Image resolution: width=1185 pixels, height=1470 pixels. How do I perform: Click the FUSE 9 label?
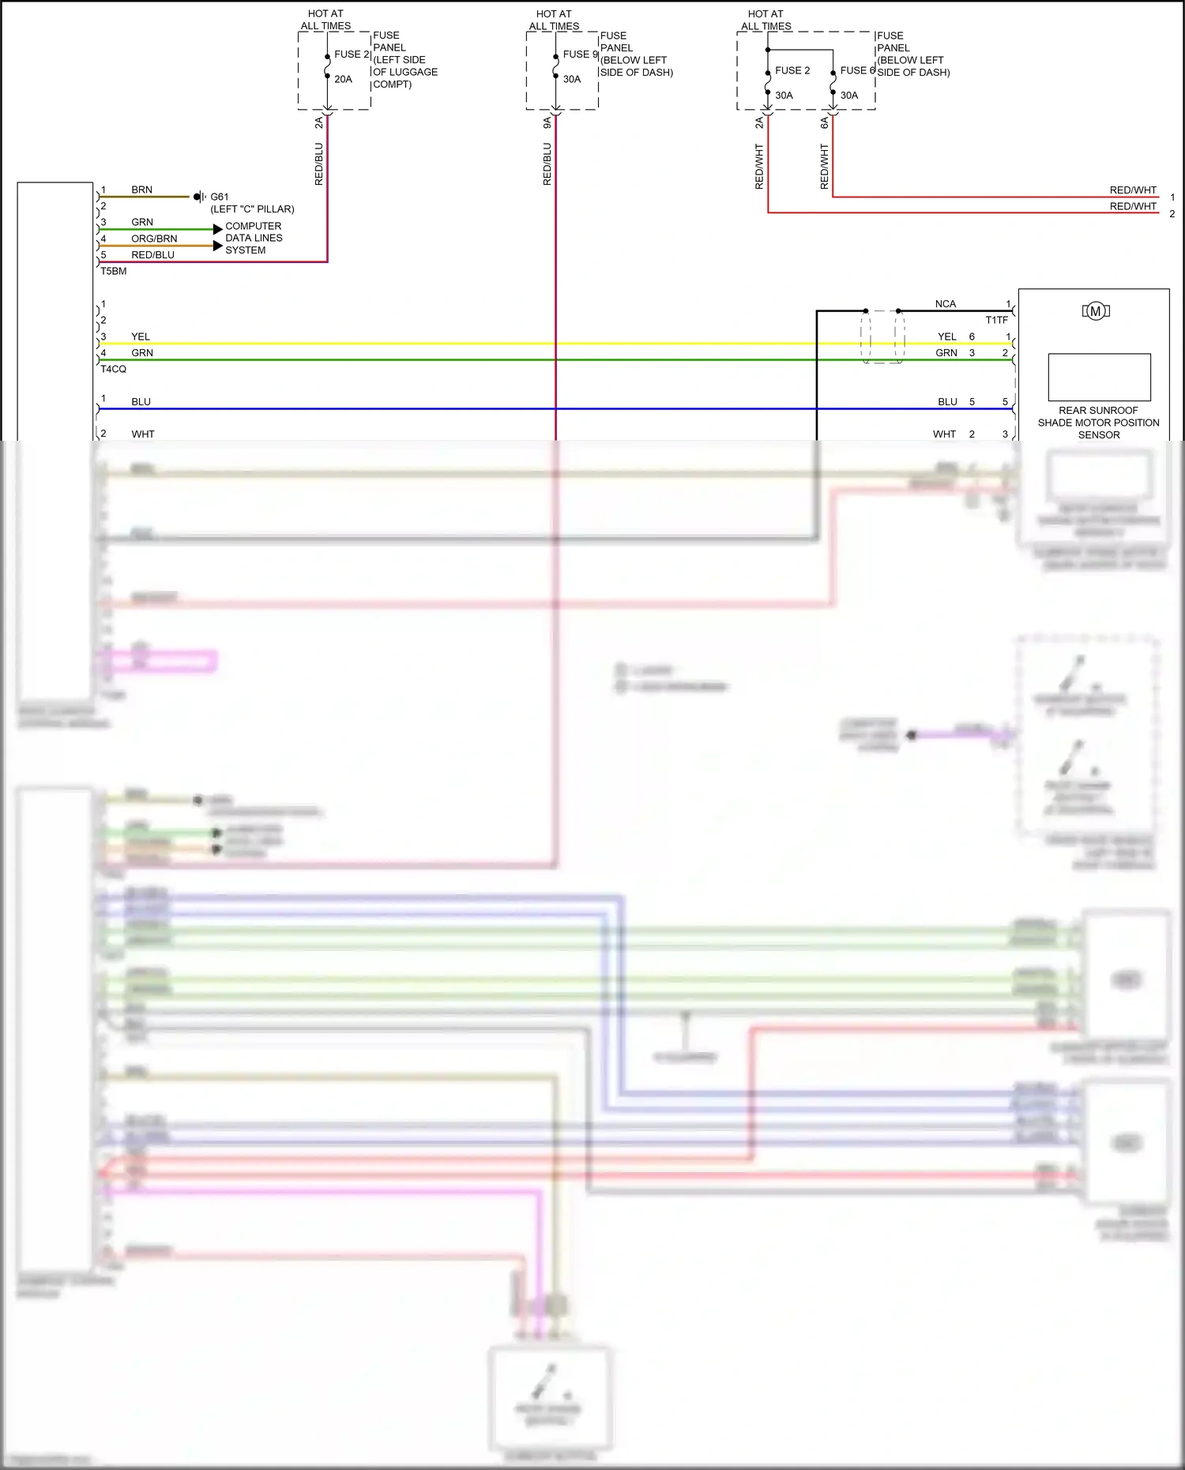click(580, 55)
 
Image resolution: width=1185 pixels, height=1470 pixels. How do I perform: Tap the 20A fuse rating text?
click(343, 79)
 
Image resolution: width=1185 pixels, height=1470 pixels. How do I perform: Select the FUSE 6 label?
click(857, 70)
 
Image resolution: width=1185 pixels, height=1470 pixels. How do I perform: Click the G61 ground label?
click(220, 197)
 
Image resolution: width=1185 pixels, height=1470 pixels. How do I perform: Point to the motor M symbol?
click(1096, 311)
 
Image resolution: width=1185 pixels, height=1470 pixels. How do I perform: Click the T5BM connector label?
click(113, 271)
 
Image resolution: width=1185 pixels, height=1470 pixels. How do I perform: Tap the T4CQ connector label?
click(113, 369)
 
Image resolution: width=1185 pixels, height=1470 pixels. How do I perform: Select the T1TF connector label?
click(996, 320)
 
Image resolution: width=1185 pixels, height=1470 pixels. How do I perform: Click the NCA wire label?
click(945, 304)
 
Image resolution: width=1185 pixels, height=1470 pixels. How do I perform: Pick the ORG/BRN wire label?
click(154, 239)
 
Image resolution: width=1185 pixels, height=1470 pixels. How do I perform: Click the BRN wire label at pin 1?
click(141, 190)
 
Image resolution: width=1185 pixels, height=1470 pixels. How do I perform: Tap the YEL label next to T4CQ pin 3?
click(141, 336)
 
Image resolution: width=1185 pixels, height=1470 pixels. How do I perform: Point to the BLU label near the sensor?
click(947, 402)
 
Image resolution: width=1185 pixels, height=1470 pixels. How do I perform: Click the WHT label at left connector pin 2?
click(143, 434)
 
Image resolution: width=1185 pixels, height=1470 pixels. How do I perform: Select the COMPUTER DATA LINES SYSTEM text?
click(253, 238)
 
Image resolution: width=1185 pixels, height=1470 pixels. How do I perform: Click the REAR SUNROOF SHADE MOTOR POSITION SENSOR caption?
click(1098, 423)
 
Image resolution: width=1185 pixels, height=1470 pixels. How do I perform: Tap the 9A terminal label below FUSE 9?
click(547, 122)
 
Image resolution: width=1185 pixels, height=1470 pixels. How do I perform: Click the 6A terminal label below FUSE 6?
click(824, 122)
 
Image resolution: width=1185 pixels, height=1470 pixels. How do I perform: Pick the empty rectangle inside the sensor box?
click(1099, 378)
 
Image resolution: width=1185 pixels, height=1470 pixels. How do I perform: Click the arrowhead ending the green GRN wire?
click(217, 229)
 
